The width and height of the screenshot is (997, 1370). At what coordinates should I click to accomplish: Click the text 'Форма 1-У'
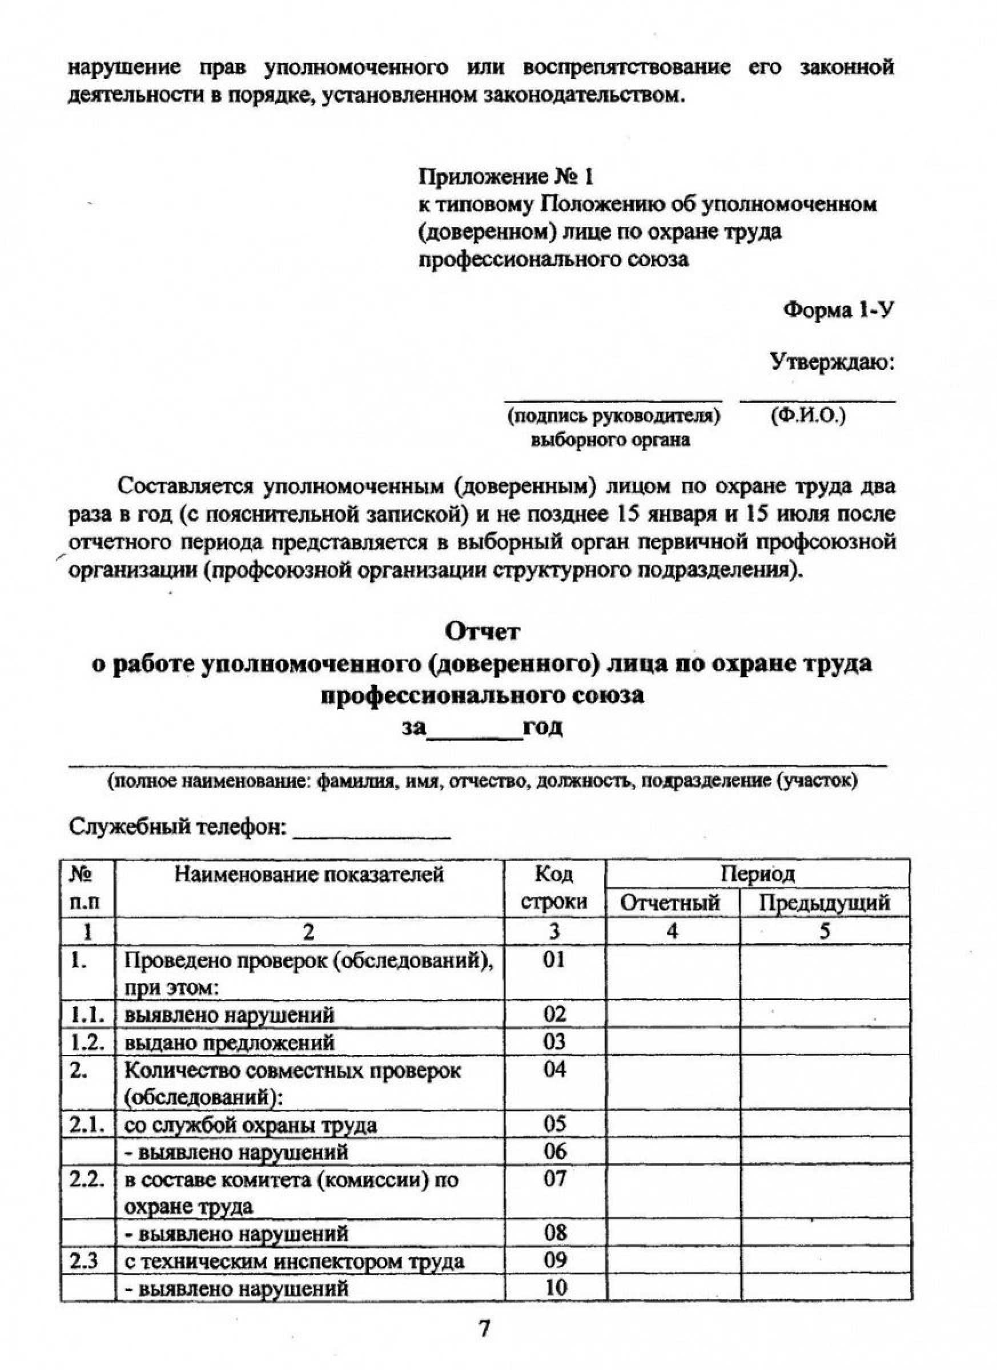[839, 311]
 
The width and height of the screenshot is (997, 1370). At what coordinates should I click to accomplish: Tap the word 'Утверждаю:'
[832, 362]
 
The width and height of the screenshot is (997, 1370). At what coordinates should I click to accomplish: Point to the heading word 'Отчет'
[482, 632]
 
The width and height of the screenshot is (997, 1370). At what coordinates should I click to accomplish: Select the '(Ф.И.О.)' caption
[808, 416]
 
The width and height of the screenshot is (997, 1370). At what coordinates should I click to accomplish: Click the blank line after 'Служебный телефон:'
[372, 837]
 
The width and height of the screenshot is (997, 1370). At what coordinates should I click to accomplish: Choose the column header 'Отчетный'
[671, 903]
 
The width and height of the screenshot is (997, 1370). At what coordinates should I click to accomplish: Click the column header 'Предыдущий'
[825, 903]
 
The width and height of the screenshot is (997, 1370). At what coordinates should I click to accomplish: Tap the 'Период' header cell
[757, 874]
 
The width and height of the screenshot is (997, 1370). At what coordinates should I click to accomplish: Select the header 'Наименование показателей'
[309, 875]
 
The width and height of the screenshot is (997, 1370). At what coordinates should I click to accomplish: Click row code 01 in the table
[554, 960]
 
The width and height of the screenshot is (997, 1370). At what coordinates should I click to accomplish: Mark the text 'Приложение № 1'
[506, 178]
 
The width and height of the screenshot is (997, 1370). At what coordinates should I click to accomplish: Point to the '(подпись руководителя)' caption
[614, 417]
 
